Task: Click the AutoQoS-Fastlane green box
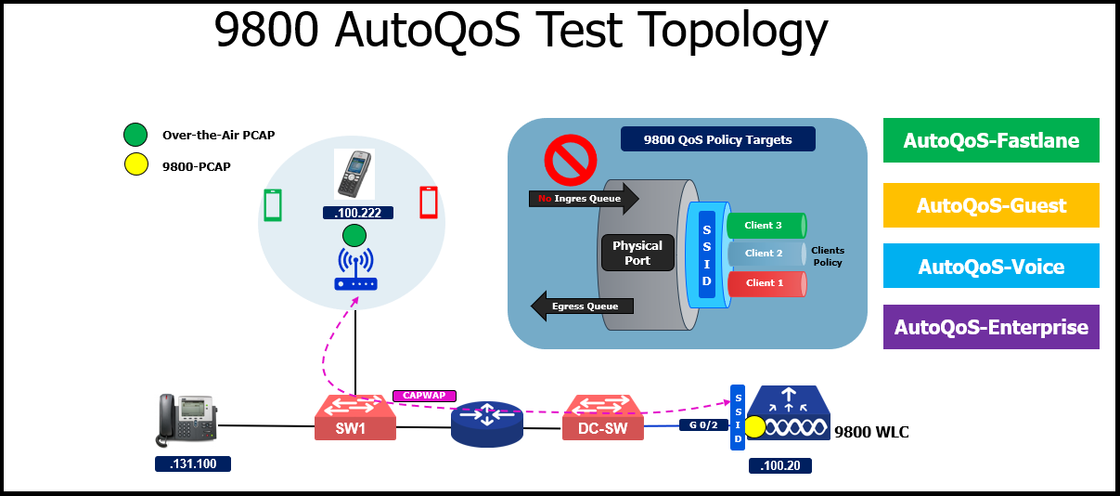991,140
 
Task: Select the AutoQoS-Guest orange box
991,205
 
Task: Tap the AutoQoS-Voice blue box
991,267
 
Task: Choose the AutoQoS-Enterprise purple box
991,327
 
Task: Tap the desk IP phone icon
187,420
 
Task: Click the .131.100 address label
192,463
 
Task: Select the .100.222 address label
357,214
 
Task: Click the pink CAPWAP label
423,396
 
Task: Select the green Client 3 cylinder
765,225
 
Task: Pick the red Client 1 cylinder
765,283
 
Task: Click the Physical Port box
637,253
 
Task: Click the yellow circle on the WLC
755,428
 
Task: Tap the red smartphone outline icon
428,203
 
